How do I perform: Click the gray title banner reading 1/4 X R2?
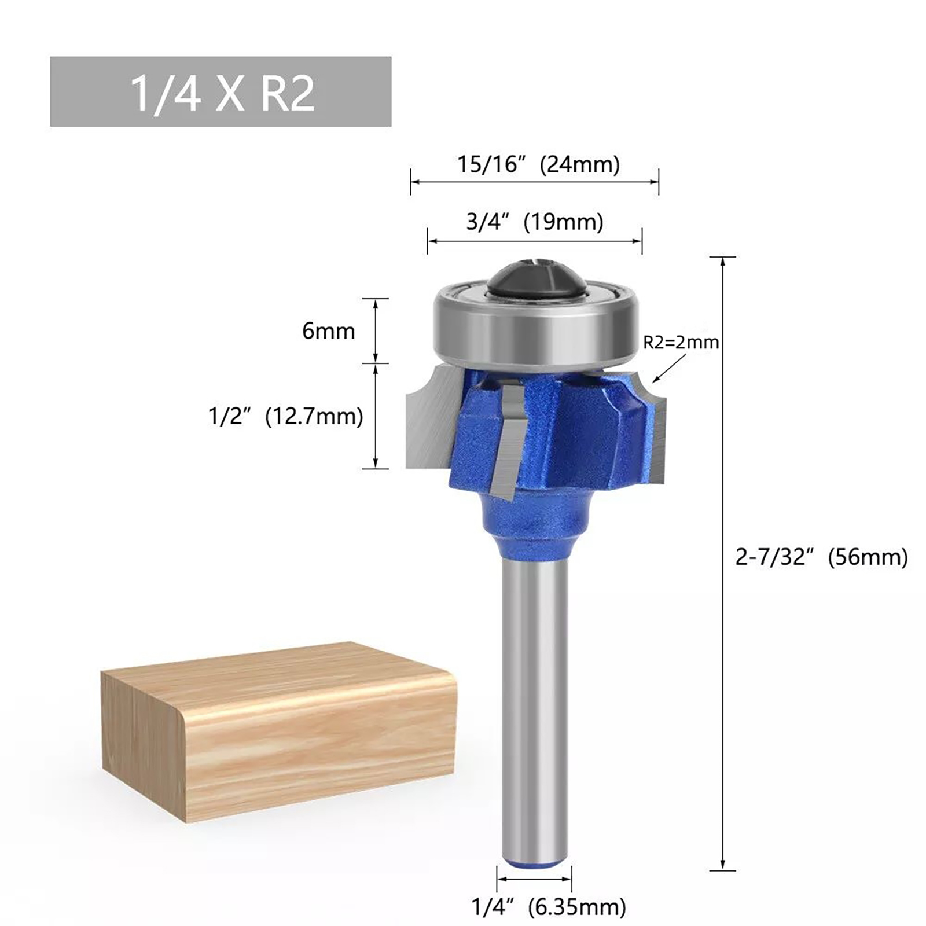[x=221, y=91]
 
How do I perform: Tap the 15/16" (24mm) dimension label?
[x=538, y=164]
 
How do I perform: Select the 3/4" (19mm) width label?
[x=535, y=222]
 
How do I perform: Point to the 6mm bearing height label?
[x=328, y=331]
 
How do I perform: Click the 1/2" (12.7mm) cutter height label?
[x=286, y=416]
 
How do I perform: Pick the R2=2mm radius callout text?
[x=681, y=342]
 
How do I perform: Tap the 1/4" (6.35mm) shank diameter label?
[x=549, y=906]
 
